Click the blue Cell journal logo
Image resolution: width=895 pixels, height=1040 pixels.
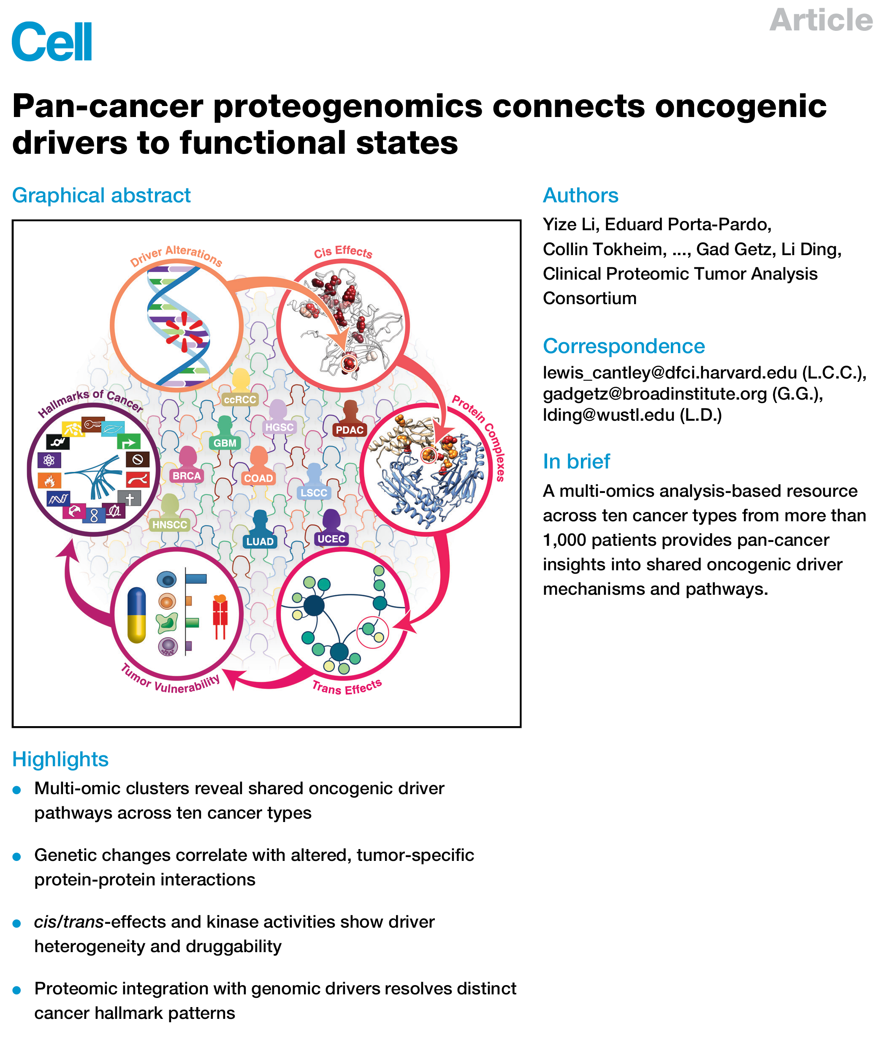point(52,42)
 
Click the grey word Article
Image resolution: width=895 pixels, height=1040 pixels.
point(821,20)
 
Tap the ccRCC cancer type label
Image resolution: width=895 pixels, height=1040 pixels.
point(240,400)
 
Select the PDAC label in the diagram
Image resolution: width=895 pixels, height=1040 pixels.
point(349,430)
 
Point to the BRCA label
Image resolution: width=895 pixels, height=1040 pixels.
point(187,475)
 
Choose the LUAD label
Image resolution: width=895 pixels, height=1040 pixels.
point(260,542)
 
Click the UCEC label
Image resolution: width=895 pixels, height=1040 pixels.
point(331,539)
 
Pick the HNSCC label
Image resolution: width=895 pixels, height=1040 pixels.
point(170,525)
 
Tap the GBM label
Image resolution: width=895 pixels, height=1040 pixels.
point(225,443)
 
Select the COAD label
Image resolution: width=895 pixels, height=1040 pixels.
point(258,478)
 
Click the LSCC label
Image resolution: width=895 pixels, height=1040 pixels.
point(314,493)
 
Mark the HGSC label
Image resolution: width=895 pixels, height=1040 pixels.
point(279,427)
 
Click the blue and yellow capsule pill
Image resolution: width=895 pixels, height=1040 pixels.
point(136,615)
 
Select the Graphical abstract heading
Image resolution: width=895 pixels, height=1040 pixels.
point(101,195)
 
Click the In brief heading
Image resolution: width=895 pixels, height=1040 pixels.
point(576,461)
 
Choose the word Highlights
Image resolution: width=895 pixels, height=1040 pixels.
point(60,760)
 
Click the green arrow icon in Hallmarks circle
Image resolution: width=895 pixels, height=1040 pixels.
point(128,442)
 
